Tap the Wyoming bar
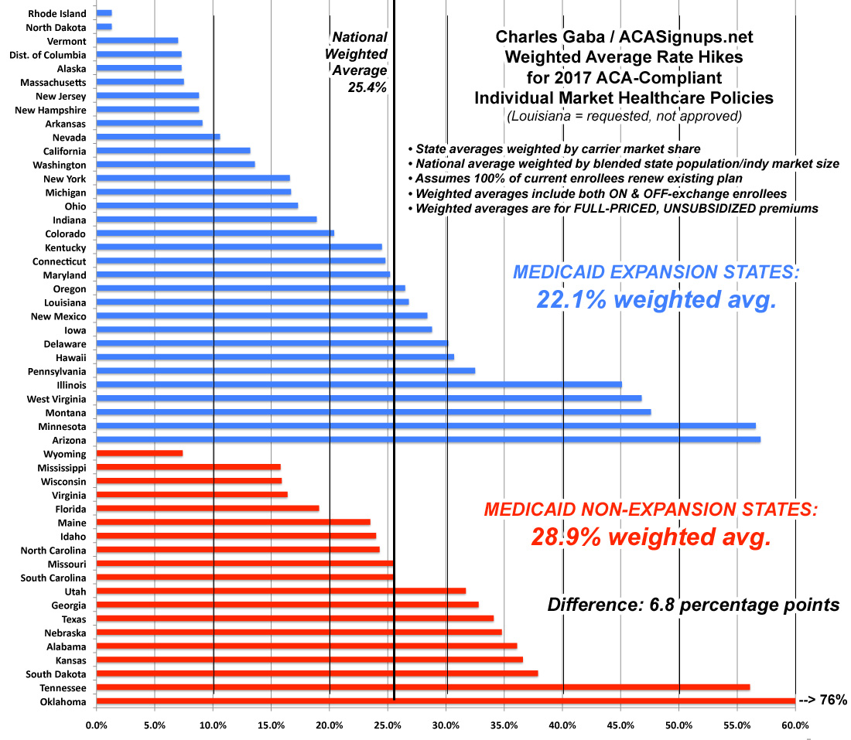click(139, 453)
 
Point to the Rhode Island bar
click(104, 13)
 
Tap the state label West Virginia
click(57, 398)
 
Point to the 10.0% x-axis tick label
click(213, 726)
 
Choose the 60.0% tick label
click(795, 726)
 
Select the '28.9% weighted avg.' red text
click(651, 537)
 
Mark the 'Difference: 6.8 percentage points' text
click(693, 604)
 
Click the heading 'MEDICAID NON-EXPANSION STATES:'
click(651, 510)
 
